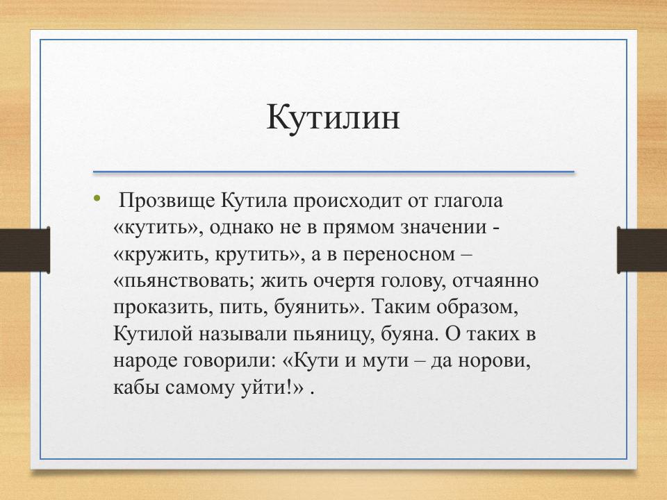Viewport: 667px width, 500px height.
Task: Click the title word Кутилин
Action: [333, 117]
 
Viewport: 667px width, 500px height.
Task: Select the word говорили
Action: [222, 361]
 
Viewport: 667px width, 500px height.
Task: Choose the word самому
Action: [200, 387]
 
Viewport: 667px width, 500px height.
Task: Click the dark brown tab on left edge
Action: [25, 250]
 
